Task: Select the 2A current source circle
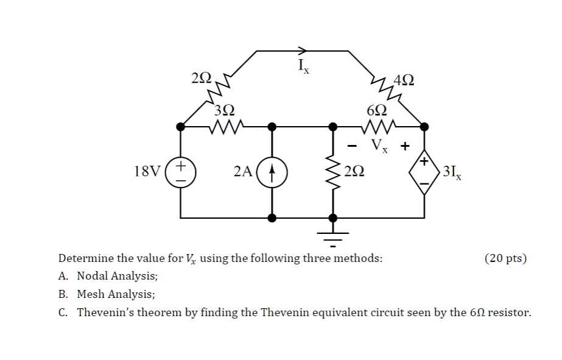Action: tap(272, 171)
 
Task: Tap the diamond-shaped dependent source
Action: tap(424, 172)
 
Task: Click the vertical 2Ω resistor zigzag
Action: tap(332, 171)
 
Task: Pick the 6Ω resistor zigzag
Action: tap(378, 127)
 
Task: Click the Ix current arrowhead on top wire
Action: tap(303, 51)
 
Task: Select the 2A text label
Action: tap(242, 171)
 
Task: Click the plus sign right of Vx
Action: tap(404, 146)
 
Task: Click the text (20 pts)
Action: tap(505, 258)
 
